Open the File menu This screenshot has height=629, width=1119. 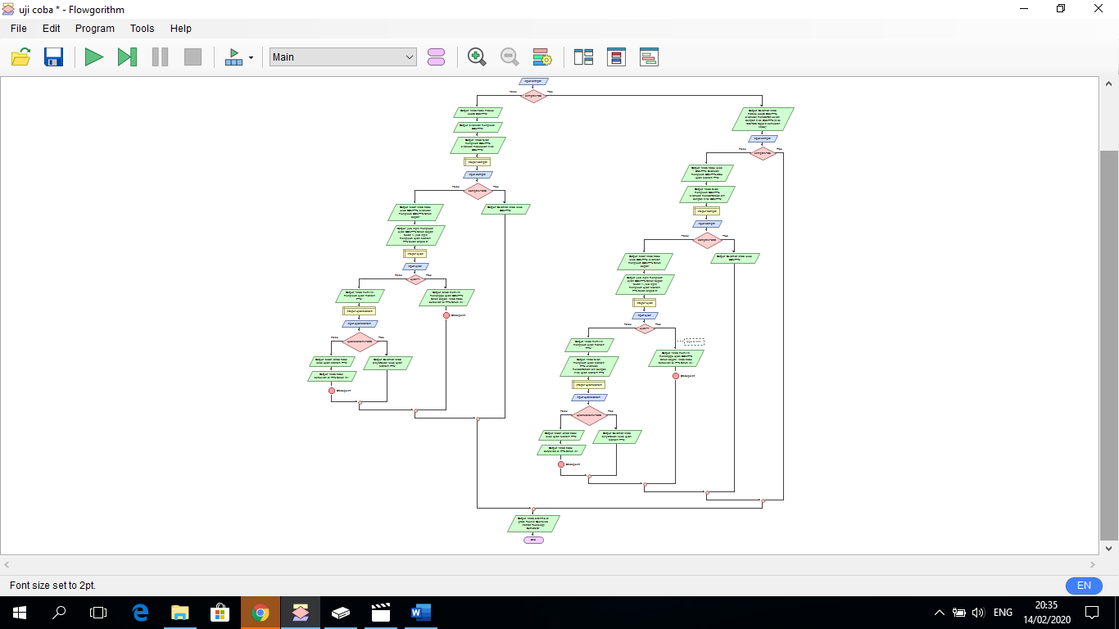tap(18, 28)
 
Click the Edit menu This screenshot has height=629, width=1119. tap(52, 28)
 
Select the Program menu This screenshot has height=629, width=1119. tap(95, 28)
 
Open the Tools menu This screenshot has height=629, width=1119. tap(142, 28)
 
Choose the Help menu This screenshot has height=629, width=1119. tap(181, 28)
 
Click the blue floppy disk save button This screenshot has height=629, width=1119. tap(53, 57)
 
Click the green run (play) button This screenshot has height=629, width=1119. tap(94, 57)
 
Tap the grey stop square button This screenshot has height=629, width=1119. tap(193, 57)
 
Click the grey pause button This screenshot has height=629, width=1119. tap(160, 57)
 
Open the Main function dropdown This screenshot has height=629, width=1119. tap(343, 57)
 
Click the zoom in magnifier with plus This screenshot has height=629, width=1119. tap(477, 57)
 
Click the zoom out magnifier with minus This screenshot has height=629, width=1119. tap(510, 57)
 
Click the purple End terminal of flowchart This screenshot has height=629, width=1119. tap(533, 540)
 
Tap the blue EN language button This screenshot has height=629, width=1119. tap(1084, 586)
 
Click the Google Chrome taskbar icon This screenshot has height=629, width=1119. tap(260, 613)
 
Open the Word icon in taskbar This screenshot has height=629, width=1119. tap(420, 613)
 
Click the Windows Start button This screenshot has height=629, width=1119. tap(19, 613)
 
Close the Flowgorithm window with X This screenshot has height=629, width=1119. tap(1099, 9)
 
